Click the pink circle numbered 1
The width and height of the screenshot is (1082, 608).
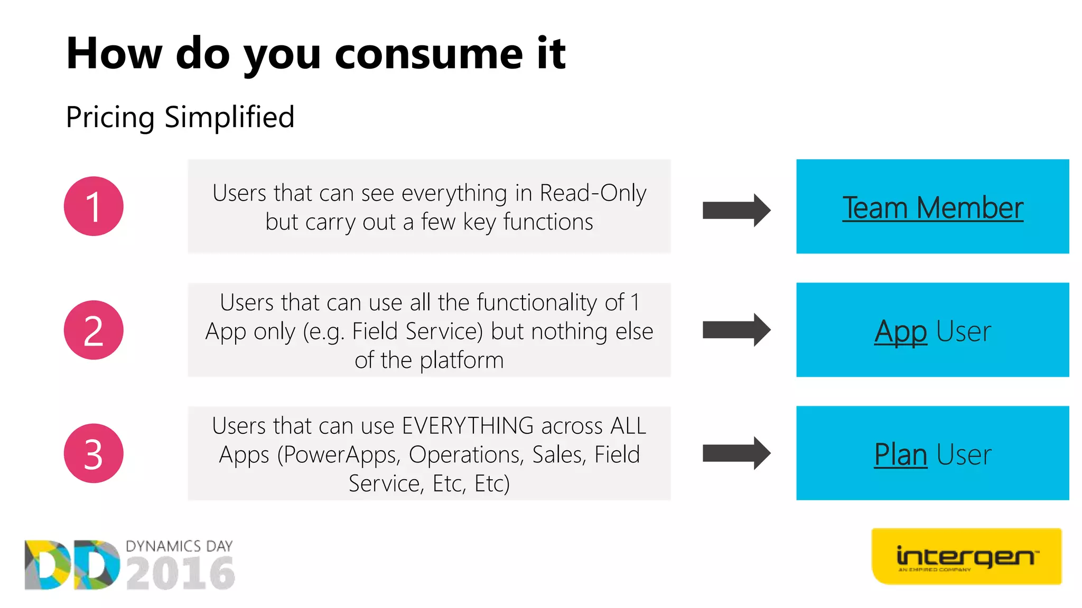click(x=94, y=206)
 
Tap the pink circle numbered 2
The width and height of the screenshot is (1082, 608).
click(x=94, y=330)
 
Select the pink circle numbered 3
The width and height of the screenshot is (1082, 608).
click(x=94, y=453)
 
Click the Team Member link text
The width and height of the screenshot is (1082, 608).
click(x=932, y=207)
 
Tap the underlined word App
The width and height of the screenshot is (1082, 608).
click(x=900, y=331)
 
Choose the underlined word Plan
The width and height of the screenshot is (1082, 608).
click(x=900, y=454)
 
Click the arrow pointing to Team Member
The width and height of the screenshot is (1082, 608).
click(x=736, y=211)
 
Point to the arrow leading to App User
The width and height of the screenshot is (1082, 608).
click(x=736, y=330)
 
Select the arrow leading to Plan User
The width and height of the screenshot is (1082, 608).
click(x=736, y=453)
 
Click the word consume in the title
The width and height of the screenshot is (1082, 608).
click(x=428, y=53)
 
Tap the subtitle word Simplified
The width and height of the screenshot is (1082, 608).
click(x=229, y=117)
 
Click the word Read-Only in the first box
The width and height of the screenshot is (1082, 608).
click(x=593, y=193)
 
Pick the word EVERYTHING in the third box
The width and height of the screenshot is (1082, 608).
click(x=468, y=426)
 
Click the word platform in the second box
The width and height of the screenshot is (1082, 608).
click(x=462, y=360)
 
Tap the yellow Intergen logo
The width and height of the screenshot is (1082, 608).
click(x=966, y=556)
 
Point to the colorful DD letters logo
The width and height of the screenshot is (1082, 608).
click(x=72, y=565)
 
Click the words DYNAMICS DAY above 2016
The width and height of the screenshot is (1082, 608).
click(x=179, y=546)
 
